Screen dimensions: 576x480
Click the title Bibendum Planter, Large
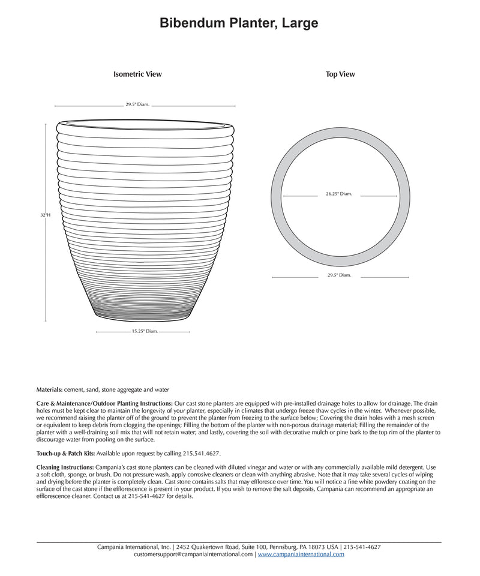point(239,23)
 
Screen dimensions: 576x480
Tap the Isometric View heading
point(137,74)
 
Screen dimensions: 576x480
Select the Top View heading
point(340,74)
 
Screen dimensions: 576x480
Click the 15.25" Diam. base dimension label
point(145,331)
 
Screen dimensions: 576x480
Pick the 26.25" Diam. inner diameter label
point(339,194)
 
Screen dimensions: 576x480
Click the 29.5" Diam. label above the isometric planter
point(137,104)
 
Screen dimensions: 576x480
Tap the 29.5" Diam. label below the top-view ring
point(339,275)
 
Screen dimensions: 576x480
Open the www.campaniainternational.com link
point(301,554)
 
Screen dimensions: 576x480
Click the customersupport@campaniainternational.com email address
point(193,554)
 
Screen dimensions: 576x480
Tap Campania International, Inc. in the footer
point(134,547)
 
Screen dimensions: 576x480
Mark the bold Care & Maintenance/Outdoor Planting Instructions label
point(104,403)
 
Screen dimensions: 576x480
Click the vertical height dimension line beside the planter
point(46,270)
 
